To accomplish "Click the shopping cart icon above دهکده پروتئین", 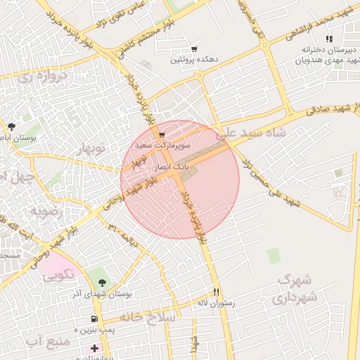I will pyautogui.click(x=193, y=49).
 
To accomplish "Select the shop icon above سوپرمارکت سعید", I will pyautogui.click(x=162, y=134).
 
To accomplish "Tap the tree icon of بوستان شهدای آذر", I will pyautogui.click(x=103, y=282).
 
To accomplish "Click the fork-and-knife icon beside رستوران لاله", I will pyautogui.click(x=216, y=292).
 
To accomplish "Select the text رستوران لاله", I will pyautogui.click(x=214, y=304).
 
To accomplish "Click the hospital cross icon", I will pyautogui.click(x=95, y=347).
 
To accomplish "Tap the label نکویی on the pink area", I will pyautogui.click(x=58, y=276).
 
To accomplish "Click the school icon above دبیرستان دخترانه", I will pyautogui.click(x=329, y=39).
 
